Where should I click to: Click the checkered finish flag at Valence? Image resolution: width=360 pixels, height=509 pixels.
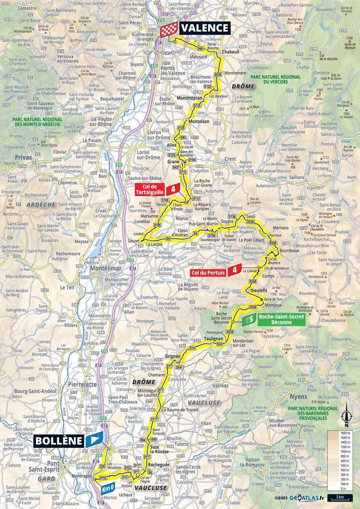[169, 29]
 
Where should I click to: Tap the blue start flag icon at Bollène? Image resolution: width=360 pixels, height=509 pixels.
[94, 440]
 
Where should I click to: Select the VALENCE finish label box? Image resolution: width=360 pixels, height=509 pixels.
[204, 28]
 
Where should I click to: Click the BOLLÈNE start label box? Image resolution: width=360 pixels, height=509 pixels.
[59, 440]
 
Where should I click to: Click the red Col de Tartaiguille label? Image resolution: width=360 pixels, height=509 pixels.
[153, 189]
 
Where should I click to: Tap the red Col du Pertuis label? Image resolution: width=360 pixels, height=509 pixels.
[208, 272]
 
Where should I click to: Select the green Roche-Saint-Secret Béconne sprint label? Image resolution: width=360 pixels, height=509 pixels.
[281, 319]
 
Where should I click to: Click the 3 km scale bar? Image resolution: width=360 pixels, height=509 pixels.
[340, 498]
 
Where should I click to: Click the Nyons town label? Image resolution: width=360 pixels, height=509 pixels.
[298, 397]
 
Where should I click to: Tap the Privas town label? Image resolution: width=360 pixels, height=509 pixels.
[23, 158]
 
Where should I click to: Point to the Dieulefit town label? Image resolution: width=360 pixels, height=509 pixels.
[259, 290]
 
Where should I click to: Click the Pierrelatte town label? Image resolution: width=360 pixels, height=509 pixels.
[82, 385]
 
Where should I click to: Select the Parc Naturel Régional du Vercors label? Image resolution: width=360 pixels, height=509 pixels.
[276, 79]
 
